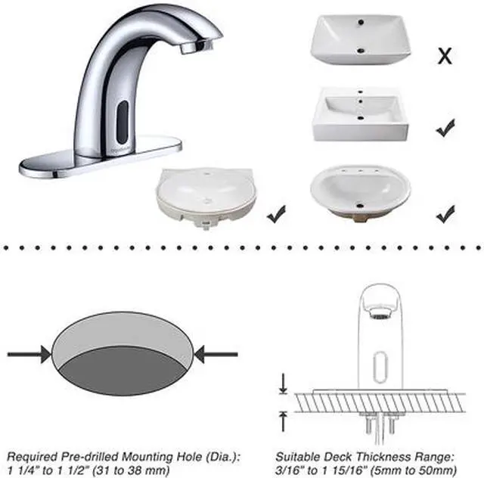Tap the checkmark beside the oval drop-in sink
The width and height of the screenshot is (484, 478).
click(445, 216)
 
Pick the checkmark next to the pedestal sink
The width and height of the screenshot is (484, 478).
click(276, 216)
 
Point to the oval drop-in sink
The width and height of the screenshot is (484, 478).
click(360, 194)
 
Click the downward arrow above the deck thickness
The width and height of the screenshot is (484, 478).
click(284, 383)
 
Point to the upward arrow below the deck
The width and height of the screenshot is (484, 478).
click(284, 419)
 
